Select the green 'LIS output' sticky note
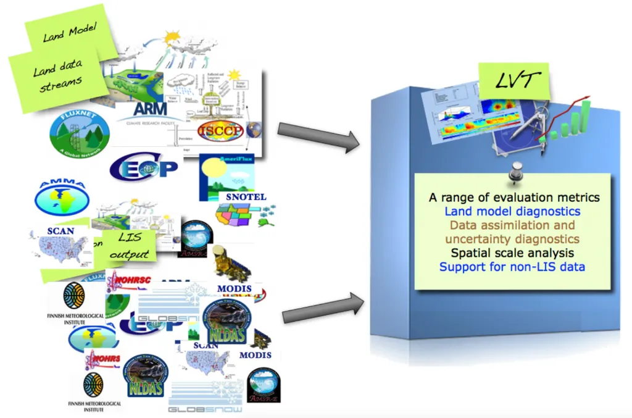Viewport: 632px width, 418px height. (130, 246)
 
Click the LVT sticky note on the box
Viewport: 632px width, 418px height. (510, 80)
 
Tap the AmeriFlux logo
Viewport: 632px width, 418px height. (227, 175)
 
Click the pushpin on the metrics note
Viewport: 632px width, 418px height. (512, 172)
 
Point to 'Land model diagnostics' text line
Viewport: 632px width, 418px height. (512, 211)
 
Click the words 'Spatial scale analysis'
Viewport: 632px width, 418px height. (512, 253)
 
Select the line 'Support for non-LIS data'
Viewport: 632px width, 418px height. (512, 267)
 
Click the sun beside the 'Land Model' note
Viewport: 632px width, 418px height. (171, 37)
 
